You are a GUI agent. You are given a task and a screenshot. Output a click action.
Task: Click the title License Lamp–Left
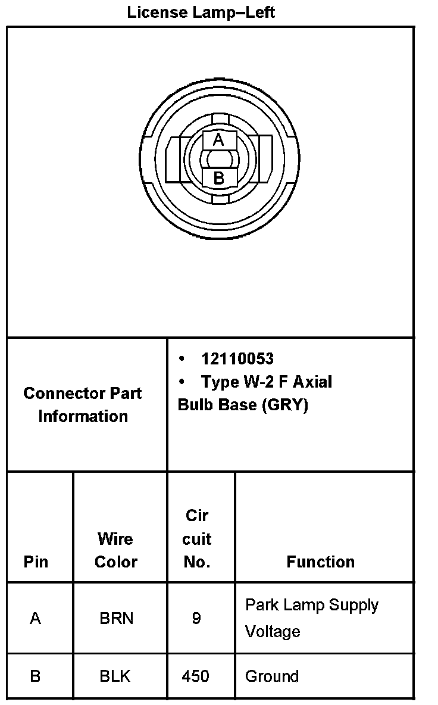click(x=201, y=12)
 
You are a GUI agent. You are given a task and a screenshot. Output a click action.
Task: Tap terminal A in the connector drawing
click(x=218, y=140)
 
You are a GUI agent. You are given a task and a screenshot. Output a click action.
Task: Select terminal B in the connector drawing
click(x=218, y=177)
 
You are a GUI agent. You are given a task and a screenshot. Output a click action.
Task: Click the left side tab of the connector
click(x=174, y=159)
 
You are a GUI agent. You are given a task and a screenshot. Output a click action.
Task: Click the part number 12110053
click(x=237, y=359)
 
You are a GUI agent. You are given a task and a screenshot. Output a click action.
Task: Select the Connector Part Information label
click(x=83, y=405)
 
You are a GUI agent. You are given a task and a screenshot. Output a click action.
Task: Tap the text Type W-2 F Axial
click(x=266, y=382)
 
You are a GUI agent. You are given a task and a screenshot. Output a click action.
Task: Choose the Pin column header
click(x=36, y=561)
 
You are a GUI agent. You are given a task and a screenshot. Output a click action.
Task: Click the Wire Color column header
click(x=115, y=550)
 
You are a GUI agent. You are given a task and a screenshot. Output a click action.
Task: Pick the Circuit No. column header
click(x=196, y=539)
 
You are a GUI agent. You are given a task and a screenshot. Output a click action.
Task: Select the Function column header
click(x=320, y=561)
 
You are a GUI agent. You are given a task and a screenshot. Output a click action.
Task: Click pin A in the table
click(x=36, y=619)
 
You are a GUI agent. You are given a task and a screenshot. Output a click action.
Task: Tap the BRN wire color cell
click(x=116, y=619)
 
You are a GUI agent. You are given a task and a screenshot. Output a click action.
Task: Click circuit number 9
click(x=196, y=619)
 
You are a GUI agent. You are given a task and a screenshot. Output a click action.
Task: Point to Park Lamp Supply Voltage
click(x=311, y=617)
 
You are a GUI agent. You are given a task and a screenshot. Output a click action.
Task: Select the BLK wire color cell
click(x=116, y=676)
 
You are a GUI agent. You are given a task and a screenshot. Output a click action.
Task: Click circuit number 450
click(x=196, y=676)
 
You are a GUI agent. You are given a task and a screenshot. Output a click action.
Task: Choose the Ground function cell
click(x=272, y=676)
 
